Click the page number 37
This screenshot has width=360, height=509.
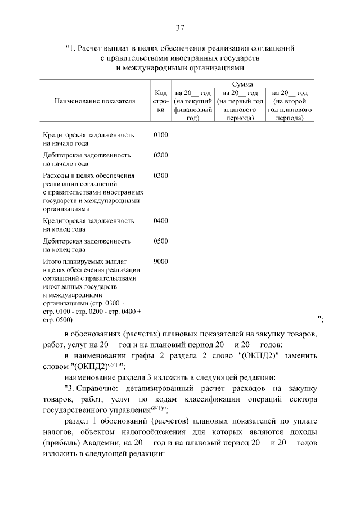(180, 28)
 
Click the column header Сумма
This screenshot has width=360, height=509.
(241, 84)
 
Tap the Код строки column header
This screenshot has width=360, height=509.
(160, 101)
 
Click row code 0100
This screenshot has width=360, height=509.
(160, 135)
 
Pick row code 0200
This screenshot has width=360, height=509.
(160, 155)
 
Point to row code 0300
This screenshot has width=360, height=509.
(160, 175)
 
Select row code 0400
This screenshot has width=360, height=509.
(160, 221)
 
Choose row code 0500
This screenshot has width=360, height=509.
(160, 241)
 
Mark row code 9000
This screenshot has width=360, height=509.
(160, 262)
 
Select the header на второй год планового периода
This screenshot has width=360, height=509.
(290, 106)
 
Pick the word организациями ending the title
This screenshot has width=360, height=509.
(217, 67)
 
